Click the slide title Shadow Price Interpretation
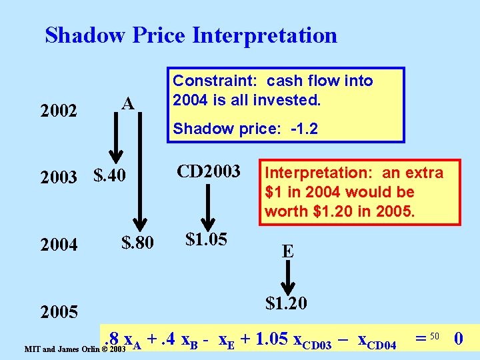(191, 35)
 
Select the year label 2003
(59, 178)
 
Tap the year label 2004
(59, 245)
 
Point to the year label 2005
(59, 311)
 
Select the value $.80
(137, 243)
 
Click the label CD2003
(208, 171)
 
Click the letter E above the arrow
(287, 251)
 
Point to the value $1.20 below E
(286, 304)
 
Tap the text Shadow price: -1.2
(245, 129)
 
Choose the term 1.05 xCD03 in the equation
(286, 341)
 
